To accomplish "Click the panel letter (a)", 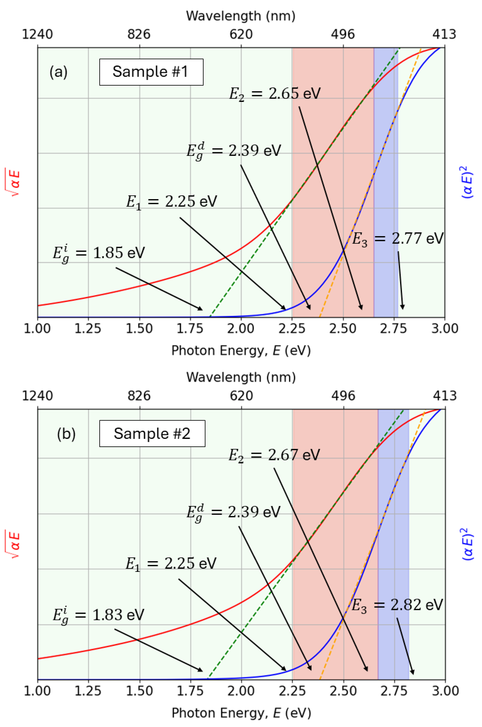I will pyautogui.click(x=58, y=72).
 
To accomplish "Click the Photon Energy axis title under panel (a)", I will pyautogui.click(x=241, y=350).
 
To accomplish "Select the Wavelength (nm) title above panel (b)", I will pyautogui.click(x=241, y=377).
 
